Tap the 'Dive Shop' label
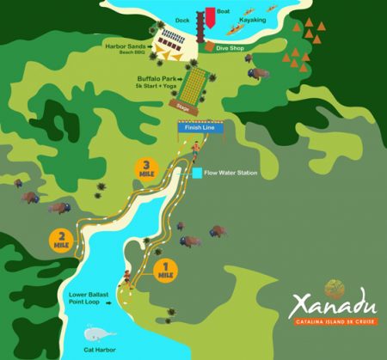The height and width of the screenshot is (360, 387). click(x=230, y=49)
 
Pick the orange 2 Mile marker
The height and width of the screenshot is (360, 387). click(x=62, y=240)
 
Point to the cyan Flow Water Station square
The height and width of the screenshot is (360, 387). click(x=197, y=173)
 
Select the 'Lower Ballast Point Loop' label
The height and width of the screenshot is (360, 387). click(x=89, y=299)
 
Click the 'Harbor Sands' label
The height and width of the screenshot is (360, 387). click(x=126, y=47)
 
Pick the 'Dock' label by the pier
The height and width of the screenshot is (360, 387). click(x=181, y=19)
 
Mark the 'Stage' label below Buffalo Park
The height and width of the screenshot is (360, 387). click(x=182, y=109)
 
